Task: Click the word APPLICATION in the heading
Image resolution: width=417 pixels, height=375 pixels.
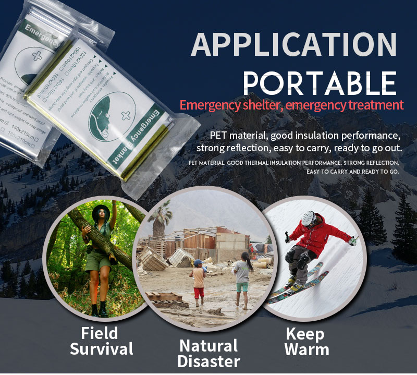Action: tap(293, 45)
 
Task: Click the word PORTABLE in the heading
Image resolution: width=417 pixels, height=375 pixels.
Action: tap(320, 82)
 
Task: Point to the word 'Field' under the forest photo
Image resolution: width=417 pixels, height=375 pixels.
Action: tap(100, 333)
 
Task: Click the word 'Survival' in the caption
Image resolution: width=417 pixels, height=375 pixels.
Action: tap(102, 349)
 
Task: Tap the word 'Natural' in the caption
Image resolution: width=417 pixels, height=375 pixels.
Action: tap(208, 345)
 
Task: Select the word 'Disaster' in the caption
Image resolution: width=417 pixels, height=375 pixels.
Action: tap(208, 361)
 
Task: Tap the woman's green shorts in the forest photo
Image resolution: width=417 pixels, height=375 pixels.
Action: tap(97, 261)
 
